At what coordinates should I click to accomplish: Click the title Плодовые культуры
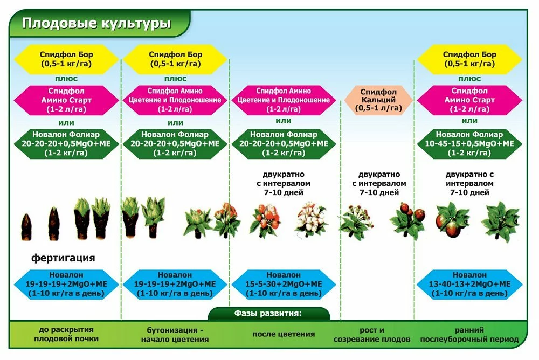click(96, 24)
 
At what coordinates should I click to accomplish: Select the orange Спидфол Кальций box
click(378, 100)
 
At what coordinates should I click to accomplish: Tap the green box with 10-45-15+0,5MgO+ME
click(469, 143)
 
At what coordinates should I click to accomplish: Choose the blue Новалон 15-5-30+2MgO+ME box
click(284, 284)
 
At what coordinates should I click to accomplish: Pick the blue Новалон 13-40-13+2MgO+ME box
click(469, 284)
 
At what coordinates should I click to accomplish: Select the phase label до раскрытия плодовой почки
click(66, 334)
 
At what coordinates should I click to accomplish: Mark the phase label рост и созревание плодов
click(372, 334)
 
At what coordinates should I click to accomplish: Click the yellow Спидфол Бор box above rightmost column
click(469, 59)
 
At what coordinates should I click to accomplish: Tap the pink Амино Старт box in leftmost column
click(66, 100)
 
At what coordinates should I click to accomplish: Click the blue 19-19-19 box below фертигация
click(66, 284)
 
